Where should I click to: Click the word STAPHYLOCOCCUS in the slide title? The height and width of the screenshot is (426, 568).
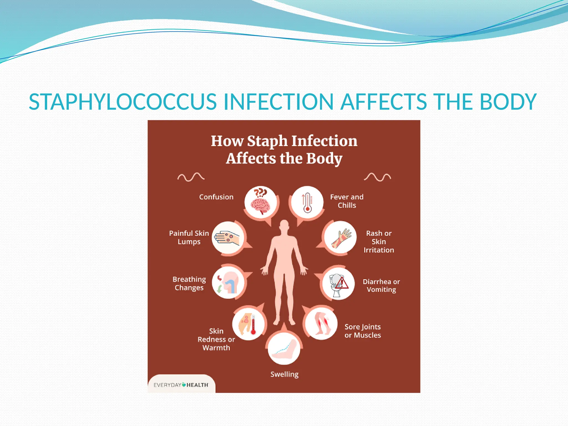click(123, 102)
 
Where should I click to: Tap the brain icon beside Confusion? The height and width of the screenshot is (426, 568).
click(260, 202)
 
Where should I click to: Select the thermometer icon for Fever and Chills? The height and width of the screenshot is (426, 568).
click(307, 202)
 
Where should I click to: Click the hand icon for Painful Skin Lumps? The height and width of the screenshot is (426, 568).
click(228, 238)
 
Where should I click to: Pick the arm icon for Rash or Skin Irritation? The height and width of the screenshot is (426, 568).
click(341, 238)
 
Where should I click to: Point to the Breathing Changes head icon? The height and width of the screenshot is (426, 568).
click(228, 282)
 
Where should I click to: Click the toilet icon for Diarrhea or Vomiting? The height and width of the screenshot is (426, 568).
click(338, 284)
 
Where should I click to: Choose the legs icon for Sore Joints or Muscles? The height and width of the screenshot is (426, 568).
click(321, 323)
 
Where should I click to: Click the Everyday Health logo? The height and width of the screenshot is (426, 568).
click(181, 385)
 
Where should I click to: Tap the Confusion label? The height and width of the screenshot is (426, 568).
click(216, 197)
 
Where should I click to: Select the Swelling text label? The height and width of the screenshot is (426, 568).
click(284, 374)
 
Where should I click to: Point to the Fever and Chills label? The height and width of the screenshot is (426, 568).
click(347, 201)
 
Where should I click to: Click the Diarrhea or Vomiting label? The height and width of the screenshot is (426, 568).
click(381, 286)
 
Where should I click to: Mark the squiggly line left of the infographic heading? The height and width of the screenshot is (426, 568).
click(191, 177)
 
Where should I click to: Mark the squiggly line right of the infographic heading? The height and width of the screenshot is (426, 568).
click(377, 177)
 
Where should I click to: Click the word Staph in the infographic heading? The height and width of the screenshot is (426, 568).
click(267, 141)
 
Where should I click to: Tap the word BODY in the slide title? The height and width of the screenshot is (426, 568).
click(508, 102)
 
